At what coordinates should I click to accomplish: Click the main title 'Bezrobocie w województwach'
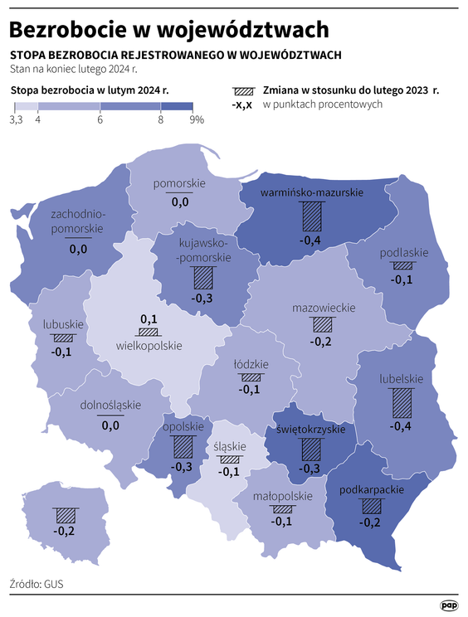[x=168, y=29]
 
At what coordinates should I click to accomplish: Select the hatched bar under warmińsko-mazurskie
[x=310, y=217]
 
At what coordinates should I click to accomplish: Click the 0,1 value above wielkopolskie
[x=149, y=319]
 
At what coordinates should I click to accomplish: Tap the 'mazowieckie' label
[x=324, y=308]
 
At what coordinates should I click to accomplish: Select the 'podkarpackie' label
[x=372, y=490]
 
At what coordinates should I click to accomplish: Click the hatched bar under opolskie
[x=183, y=447]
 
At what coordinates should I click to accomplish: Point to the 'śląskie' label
[x=227, y=445]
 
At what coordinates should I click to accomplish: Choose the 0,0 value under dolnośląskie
[x=110, y=425]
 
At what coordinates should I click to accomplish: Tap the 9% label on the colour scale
[x=197, y=120]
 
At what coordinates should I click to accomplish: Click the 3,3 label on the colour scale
[x=16, y=120]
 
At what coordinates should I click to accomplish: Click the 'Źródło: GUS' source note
[x=37, y=584]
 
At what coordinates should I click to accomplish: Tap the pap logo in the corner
[x=449, y=605]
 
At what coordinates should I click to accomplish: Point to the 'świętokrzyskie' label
[x=310, y=430]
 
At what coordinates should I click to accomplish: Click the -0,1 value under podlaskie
[x=403, y=279]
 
